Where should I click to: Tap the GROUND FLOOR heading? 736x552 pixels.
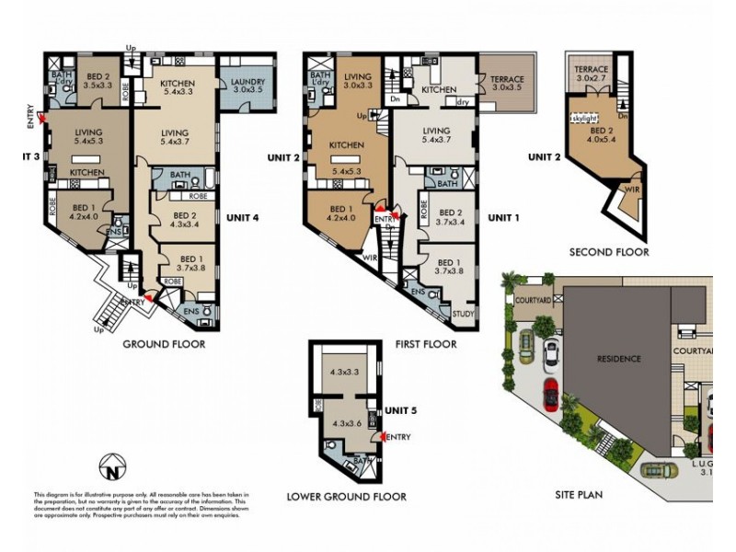[x=164, y=344]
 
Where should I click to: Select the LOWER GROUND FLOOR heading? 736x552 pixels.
[x=346, y=497]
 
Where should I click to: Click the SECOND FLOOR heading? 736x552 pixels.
[x=608, y=252]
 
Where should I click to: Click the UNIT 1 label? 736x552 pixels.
[x=504, y=218]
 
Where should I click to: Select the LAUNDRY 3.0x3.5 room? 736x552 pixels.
[x=247, y=86]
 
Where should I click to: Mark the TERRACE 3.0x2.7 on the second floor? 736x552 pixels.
[x=592, y=75]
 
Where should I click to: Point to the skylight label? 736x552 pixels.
[x=584, y=120]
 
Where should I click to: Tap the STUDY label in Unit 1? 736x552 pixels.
[x=464, y=316]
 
